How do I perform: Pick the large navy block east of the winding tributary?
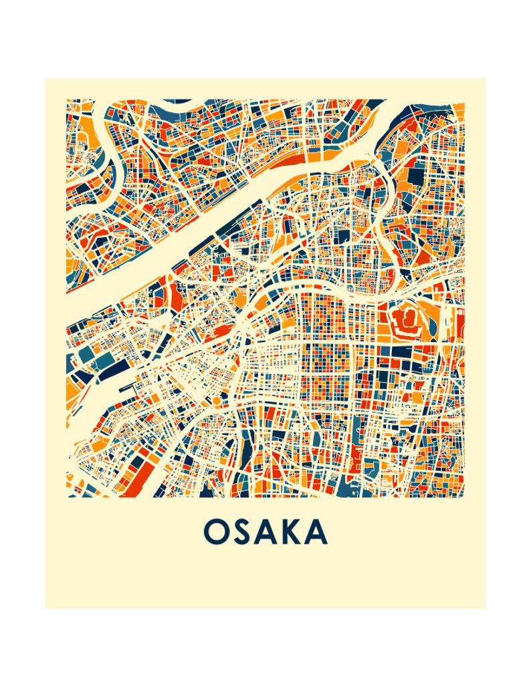pos(415,175)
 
